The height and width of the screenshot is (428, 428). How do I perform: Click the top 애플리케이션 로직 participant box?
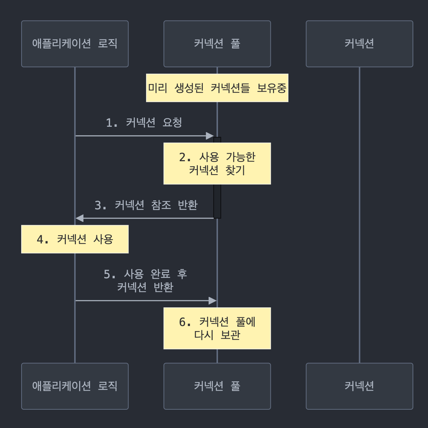tap(75, 44)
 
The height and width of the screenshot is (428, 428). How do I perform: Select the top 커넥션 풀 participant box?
tap(217, 44)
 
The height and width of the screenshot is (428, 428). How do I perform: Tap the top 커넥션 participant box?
tap(359, 44)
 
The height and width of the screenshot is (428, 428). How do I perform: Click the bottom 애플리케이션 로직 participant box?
tap(75, 386)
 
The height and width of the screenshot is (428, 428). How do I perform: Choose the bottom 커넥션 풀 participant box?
tap(217, 386)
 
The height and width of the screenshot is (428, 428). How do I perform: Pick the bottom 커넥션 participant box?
tap(359, 386)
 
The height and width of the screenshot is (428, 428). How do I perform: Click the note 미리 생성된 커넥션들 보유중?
tap(217, 88)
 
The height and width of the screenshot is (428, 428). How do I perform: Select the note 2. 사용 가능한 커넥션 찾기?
tap(217, 163)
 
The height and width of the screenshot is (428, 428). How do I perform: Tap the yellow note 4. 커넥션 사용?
tap(75, 239)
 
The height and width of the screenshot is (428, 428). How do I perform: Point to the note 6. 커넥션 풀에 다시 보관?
tap(217, 328)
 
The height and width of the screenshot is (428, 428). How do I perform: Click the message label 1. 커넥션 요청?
tap(144, 123)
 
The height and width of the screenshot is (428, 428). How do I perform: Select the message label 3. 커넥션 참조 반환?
tap(146, 205)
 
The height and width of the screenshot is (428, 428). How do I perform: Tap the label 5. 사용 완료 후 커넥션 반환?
tap(145, 280)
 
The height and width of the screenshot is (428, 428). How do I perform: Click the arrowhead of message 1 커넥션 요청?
tap(210, 136)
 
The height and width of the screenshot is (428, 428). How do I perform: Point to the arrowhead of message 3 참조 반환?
tap(79, 218)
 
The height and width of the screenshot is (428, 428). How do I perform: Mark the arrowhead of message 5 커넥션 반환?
tap(213, 301)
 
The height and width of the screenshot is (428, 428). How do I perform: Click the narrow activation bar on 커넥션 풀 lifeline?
tap(217, 201)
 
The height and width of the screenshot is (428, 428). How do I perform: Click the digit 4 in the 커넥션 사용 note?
tap(40, 239)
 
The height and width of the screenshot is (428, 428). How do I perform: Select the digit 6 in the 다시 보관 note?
tap(182, 322)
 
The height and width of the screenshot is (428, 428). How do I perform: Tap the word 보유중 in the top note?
tap(272, 88)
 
